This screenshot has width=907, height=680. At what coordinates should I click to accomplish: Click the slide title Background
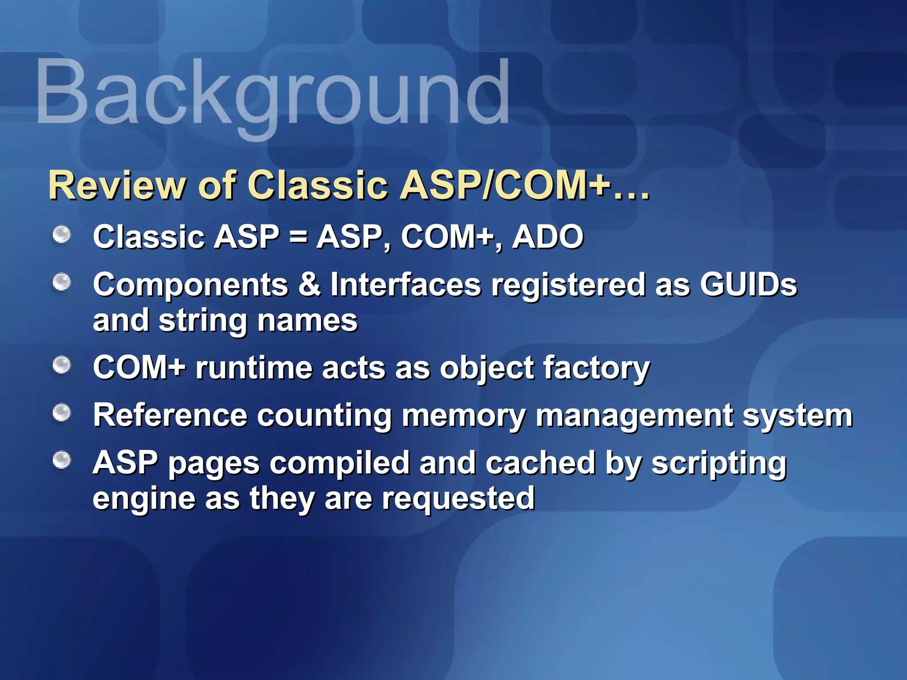[x=272, y=93]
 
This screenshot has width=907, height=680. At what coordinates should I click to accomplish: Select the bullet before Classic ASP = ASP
[x=62, y=235]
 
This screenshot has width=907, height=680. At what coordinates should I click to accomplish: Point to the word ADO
[x=548, y=237]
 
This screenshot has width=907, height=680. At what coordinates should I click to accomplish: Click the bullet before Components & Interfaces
[x=62, y=282]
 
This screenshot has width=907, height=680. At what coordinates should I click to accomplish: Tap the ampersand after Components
[x=310, y=284]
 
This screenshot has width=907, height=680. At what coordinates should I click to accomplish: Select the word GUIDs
[x=748, y=284]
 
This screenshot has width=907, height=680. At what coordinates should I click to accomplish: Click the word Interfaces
[x=406, y=284]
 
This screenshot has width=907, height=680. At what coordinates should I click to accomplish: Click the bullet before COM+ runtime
[x=62, y=365]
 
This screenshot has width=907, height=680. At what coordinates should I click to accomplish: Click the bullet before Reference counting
[x=62, y=413]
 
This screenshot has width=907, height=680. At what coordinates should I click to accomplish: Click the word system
[x=797, y=416]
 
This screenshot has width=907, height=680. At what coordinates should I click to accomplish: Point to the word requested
[x=458, y=498]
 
